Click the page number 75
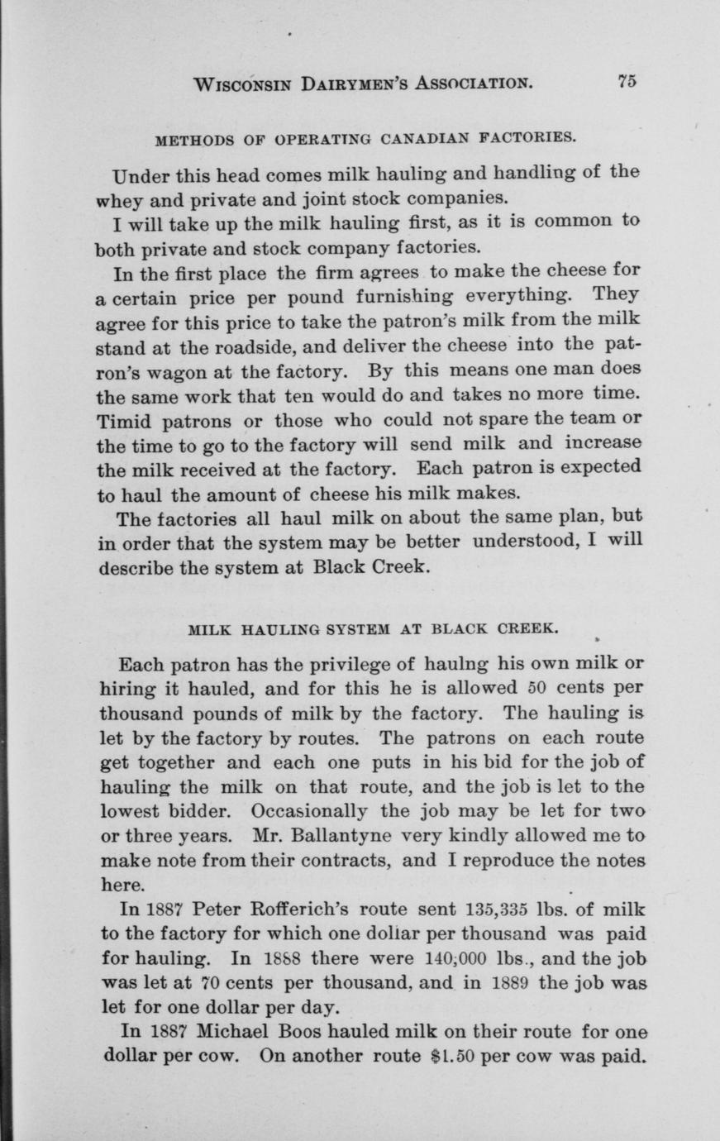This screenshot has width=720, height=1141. tap(625, 81)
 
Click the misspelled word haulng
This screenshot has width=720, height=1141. tap(457, 663)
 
